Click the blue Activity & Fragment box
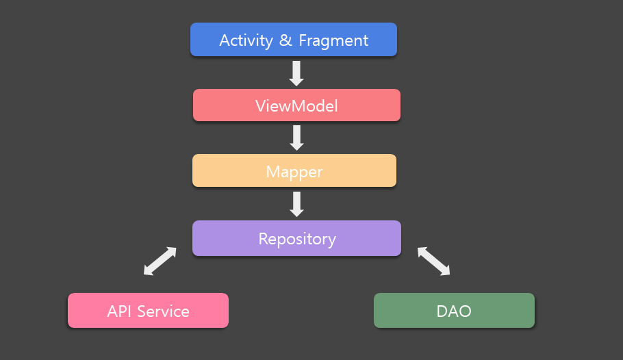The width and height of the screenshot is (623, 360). pyautogui.click(x=294, y=39)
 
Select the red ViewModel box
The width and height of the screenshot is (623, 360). pyautogui.click(x=297, y=105)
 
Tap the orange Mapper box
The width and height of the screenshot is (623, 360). pyautogui.click(x=294, y=170)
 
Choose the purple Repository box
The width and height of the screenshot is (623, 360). pyautogui.click(x=297, y=238)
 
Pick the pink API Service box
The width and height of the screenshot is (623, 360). pyautogui.click(x=148, y=310)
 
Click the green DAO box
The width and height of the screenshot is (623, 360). pyautogui.click(x=454, y=310)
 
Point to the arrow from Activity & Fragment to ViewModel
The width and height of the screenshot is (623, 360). pyautogui.click(x=296, y=73)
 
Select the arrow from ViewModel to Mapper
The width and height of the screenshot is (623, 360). pyautogui.click(x=296, y=138)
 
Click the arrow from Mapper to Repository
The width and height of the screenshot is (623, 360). pyautogui.click(x=296, y=204)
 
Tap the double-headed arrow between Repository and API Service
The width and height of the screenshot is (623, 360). pyautogui.click(x=160, y=261)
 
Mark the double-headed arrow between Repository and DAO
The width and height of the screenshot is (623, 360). pyautogui.click(x=434, y=261)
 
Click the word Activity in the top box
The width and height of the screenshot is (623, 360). pyautogui.click(x=246, y=41)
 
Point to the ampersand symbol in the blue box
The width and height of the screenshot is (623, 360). pyautogui.click(x=285, y=40)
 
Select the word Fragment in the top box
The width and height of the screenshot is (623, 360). pyautogui.click(x=333, y=41)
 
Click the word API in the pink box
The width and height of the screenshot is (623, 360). pyautogui.click(x=119, y=311)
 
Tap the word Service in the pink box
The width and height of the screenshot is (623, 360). pyautogui.click(x=164, y=311)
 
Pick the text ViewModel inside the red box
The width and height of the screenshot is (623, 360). pyautogui.click(x=296, y=106)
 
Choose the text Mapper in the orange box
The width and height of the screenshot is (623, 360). pyautogui.click(x=294, y=172)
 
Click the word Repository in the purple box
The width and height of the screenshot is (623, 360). pyautogui.click(x=297, y=240)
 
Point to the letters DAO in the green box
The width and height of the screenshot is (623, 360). pyautogui.click(x=454, y=311)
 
